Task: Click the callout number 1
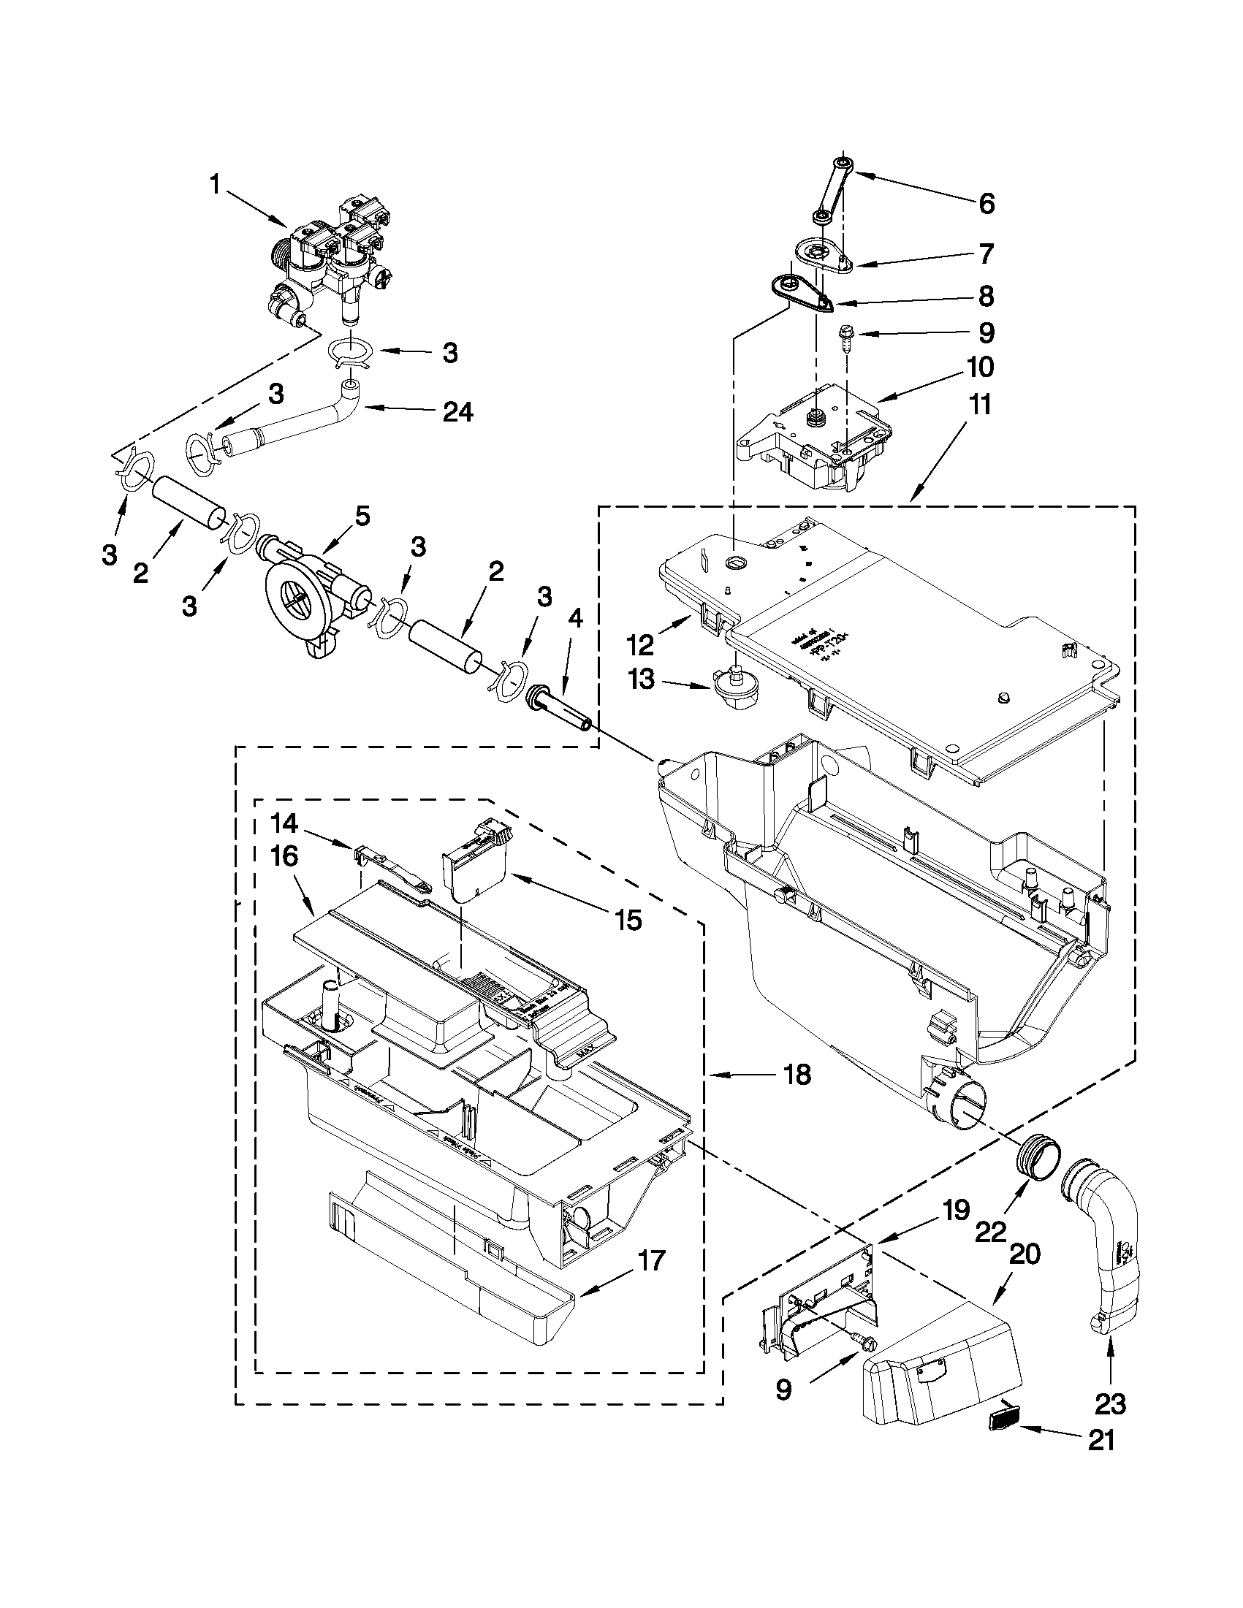point(214,184)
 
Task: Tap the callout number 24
point(457,412)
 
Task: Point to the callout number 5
point(362,516)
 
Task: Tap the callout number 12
point(640,645)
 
